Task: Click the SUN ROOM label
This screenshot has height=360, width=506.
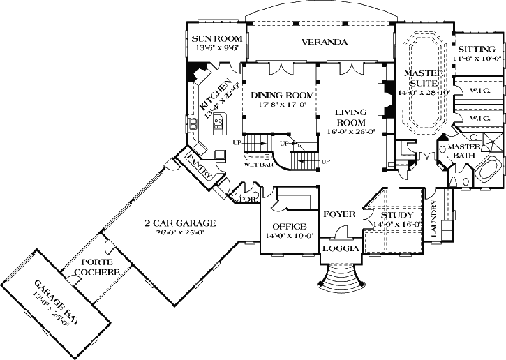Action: pyautogui.click(x=217, y=38)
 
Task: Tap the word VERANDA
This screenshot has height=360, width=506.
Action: pyautogui.click(x=325, y=42)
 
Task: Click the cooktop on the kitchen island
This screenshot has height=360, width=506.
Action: pyautogui.click(x=218, y=124)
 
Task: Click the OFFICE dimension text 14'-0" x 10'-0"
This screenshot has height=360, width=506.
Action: pyautogui.click(x=290, y=236)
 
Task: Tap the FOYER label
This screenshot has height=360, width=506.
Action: pyautogui.click(x=340, y=214)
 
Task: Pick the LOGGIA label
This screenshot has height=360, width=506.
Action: pyautogui.click(x=340, y=248)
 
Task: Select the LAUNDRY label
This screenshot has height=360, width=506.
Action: pyautogui.click(x=434, y=220)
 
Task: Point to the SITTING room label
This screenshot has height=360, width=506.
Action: pyautogui.click(x=477, y=50)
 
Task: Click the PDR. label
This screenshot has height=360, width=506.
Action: pyautogui.click(x=247, y=199)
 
